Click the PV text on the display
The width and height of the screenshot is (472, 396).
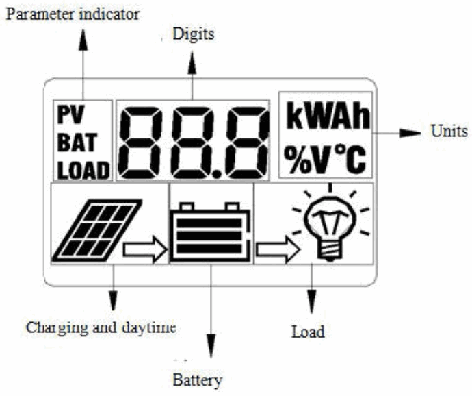click(68, 114)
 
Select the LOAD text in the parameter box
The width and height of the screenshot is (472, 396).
click(82, 169)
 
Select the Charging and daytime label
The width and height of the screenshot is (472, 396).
click(102, 327)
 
